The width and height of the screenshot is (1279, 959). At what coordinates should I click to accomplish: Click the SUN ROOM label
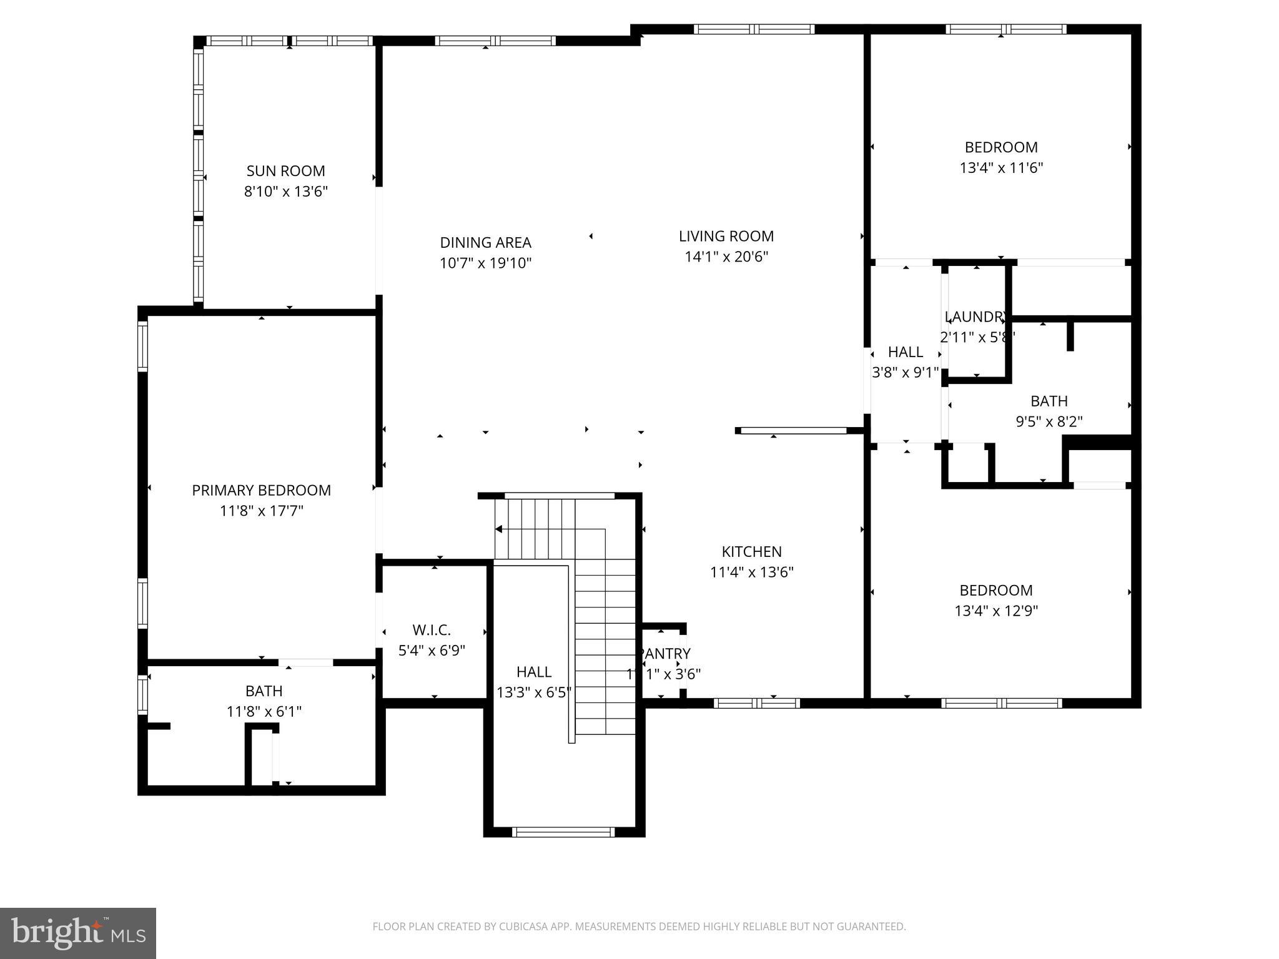click(285, 171)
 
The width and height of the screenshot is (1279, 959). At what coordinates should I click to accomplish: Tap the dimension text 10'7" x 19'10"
click(485, 263)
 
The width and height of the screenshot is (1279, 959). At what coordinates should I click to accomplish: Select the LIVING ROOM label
click(726, 236)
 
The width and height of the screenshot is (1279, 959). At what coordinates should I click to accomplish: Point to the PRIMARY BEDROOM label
click(261, 490)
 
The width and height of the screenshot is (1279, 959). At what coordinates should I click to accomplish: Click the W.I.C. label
click(432, 630)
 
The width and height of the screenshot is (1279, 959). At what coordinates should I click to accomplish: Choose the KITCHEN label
click(751, 551)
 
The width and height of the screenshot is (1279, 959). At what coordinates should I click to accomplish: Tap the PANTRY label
click(665, 654)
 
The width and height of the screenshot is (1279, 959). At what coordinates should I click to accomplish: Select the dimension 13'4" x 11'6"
click(1001, 168)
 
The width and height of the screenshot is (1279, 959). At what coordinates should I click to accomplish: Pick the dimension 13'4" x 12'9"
click(996, 611)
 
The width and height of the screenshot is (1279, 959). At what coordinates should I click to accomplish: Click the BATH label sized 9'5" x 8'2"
click(1049, 401)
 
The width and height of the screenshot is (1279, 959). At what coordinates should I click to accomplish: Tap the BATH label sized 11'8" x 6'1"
click(264, 691)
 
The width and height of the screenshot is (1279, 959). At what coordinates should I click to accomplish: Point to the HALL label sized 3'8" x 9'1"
click(905, 352)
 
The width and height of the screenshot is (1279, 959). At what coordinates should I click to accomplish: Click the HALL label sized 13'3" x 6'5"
click(533, 672)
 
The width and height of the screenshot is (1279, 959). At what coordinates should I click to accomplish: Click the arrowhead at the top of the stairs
click(499, 529)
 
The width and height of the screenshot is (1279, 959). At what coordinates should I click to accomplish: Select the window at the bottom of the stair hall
click(563, 832)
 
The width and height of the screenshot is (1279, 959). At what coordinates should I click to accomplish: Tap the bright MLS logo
click(78, 933)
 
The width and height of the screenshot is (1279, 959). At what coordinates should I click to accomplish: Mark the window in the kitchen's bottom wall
click(756, 703)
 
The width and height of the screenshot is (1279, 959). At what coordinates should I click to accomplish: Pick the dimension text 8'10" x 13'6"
click(285, 191)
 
